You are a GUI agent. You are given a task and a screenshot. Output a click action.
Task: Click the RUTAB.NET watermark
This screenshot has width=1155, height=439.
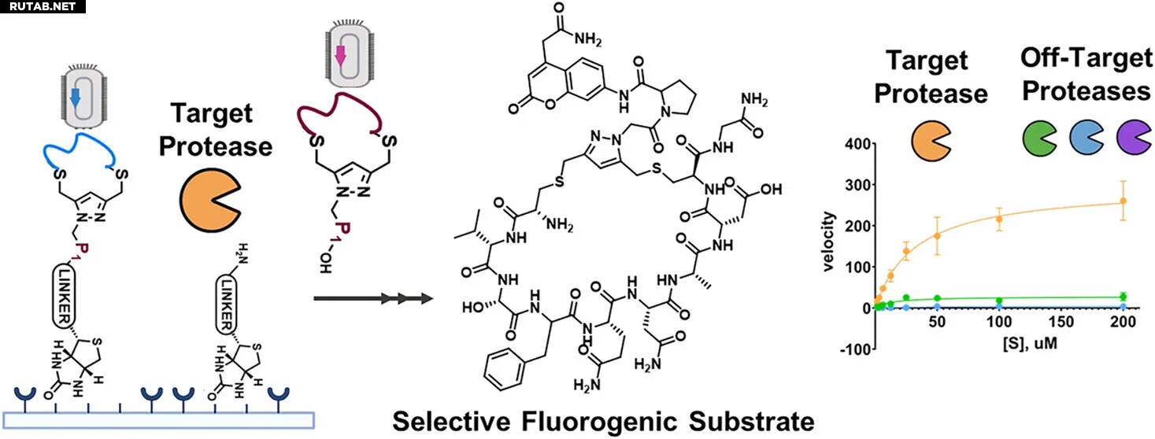43,7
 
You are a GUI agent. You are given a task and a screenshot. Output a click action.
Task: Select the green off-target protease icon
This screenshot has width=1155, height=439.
1039,138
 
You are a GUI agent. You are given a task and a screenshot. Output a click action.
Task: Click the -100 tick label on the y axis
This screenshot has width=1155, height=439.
856,349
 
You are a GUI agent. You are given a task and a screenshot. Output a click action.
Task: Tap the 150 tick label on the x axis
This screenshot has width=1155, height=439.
1061,322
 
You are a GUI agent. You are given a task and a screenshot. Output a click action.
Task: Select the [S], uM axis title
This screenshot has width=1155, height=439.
1029,343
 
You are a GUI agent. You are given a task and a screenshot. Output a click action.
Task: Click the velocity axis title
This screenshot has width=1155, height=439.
828,242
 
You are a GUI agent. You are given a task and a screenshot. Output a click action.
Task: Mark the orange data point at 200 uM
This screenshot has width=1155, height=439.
1123,201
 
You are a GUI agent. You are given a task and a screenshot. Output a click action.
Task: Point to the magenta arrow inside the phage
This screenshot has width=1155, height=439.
340,56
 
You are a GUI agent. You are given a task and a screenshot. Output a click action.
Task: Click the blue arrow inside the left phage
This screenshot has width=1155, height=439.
76,98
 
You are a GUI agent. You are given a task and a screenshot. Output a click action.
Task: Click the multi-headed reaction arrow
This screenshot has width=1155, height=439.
373,298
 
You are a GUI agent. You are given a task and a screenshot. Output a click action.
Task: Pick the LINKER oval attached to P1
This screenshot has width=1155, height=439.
65,297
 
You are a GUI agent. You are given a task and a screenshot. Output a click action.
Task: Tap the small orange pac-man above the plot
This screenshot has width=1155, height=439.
931,141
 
